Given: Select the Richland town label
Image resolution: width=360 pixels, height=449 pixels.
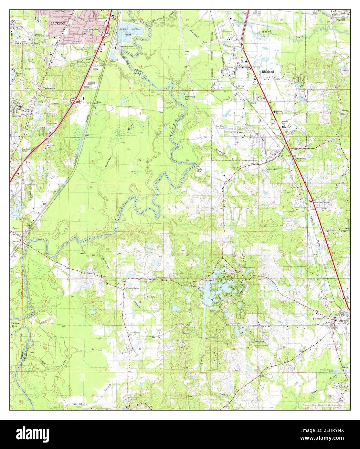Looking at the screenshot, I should [x=268, y=71].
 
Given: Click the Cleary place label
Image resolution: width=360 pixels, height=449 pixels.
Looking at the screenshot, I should [x=194, y=286].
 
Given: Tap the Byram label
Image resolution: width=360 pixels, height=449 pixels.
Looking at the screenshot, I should [x=16, y=228].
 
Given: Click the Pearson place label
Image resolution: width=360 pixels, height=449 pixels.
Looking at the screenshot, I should [x=340, y=20].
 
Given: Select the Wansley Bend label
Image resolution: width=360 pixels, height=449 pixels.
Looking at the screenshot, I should [x=15, y=324].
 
